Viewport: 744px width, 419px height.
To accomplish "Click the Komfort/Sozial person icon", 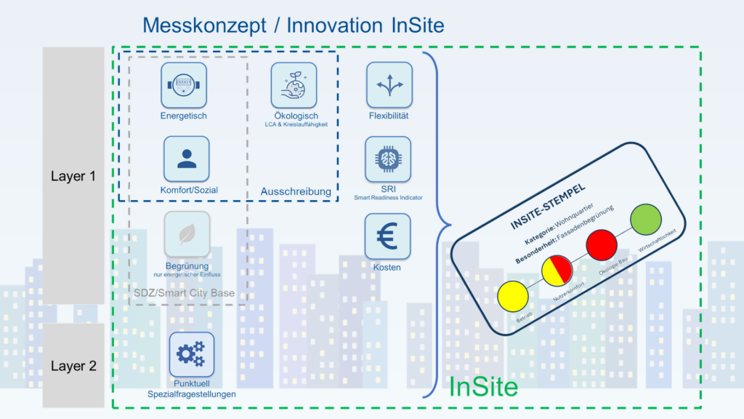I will (x=187, y=159).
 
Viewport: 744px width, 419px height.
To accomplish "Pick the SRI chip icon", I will (x=388, y=159).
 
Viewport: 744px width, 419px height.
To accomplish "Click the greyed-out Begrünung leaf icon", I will (x=187, y=234).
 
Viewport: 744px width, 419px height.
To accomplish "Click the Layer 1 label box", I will (x=73, y=177).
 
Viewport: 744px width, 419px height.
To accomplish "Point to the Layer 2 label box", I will (x=73, y=366).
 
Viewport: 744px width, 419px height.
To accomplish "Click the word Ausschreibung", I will (x=296, y=192).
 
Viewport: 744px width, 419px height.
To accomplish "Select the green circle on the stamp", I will (x=645, y=219).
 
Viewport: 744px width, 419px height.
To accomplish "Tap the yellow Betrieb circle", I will (x=512, y=296).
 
